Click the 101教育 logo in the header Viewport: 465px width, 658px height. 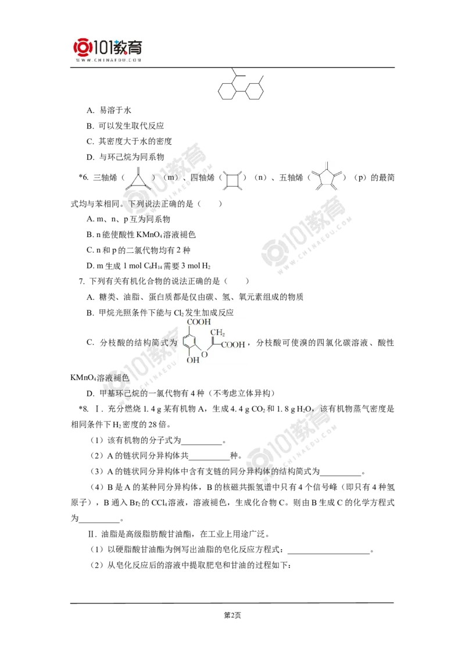tap(108, 48)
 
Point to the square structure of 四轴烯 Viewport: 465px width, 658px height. tap(232, 180)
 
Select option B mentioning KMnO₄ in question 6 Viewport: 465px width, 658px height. tap(141, 235)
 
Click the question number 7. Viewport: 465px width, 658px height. tap(82, 281)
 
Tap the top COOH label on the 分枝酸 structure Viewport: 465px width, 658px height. tap(199, 322)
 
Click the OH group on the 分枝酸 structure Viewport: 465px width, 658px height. tap(192, 360)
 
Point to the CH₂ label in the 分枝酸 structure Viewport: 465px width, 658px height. tap(218, 332)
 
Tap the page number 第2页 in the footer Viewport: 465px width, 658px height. tap(233, 615)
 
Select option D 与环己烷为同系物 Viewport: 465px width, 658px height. tap(125, 157)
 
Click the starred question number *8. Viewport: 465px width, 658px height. tap(84, 409)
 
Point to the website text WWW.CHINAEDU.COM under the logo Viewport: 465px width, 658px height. tap(108, 60)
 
